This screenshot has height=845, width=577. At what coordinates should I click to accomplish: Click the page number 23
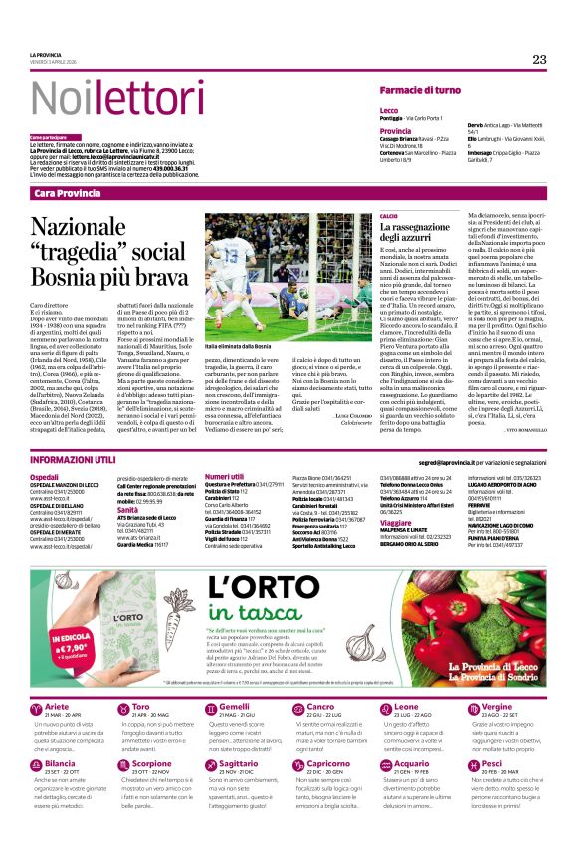click(539, 60)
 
